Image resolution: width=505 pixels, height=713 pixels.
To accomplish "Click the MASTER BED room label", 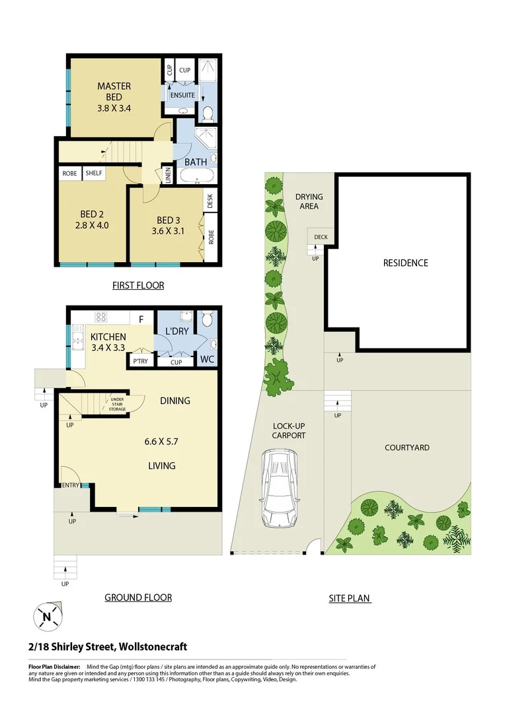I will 114,92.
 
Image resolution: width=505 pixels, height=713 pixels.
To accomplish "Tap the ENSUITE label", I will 182,95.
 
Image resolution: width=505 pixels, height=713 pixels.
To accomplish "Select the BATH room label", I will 196,162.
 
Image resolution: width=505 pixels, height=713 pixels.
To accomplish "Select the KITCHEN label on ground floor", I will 108,337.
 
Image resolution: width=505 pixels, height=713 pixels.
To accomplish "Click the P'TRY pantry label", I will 140,361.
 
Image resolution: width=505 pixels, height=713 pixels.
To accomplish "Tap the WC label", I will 208,360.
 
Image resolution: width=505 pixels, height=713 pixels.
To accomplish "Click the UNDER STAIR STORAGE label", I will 118,404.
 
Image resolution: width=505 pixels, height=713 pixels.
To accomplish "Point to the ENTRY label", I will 70,486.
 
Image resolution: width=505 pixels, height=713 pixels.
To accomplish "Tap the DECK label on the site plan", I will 321,237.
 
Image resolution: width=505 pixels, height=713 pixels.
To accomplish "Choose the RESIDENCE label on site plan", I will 405,263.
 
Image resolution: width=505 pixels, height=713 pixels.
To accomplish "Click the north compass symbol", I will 46,617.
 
